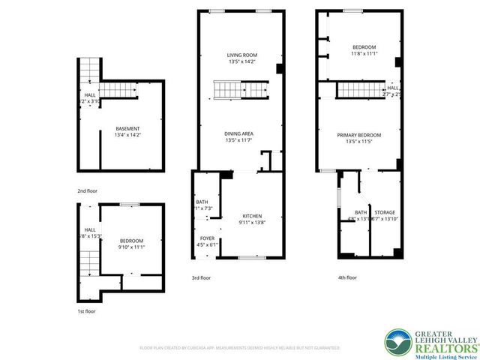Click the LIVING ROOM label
242,55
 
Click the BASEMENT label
127,128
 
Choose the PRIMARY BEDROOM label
358,135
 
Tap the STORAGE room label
385,212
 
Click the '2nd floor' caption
87,190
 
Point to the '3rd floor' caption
201,277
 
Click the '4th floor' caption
347,277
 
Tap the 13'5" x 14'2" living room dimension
242,61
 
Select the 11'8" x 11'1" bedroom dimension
364,54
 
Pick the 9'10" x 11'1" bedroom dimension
131,247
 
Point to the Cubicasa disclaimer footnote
239,348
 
